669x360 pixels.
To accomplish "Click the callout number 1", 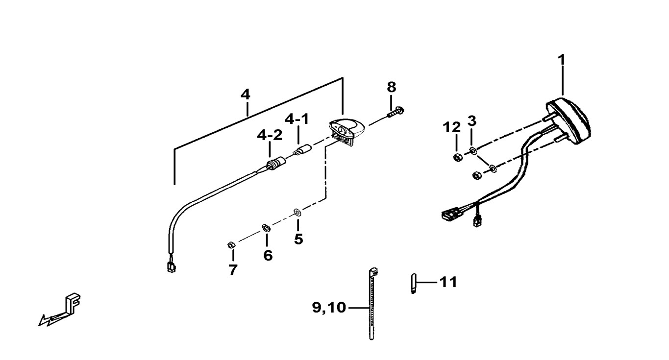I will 562,60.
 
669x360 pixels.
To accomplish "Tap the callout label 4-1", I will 297,119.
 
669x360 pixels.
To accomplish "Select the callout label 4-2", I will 270,136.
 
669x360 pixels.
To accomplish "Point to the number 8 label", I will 391,88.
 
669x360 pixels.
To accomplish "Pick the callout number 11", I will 448,282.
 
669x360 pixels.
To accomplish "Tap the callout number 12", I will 452,128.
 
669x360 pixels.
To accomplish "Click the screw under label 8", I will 395,112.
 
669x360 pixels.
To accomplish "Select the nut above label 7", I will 232,244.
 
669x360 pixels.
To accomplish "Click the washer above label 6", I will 266,227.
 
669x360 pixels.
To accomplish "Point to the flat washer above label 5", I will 297,213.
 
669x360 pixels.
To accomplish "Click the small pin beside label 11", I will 413,284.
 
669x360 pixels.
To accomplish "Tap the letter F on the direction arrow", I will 73,303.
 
